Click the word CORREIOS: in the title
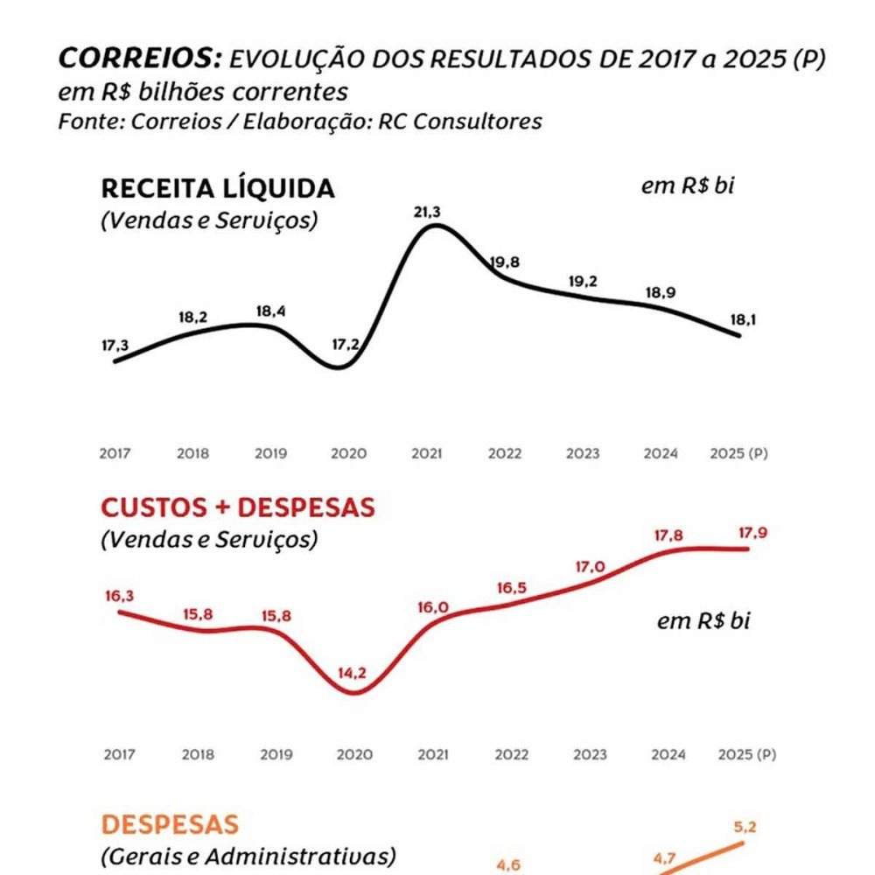[x=140, y=58]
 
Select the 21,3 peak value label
[x=427, y=212]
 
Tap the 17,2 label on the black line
[x=346, y=345]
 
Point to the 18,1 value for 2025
[x=743, y=319]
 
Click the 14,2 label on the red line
[x=352, y=673]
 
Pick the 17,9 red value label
[x=752, y=533]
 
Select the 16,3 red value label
[x=119, y=596]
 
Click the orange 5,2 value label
[x=745, y=827]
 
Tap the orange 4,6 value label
[x=508, y=865]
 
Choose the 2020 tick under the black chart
[x=349, y=453]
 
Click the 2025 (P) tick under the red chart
[x=747, y=754]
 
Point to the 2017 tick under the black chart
[x=115, y=453]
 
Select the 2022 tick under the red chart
[x=512, y=754]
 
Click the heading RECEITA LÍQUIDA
[x=218, y=189]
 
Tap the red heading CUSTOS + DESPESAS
[x=238, y=507]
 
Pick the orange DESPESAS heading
[x=170, y=825]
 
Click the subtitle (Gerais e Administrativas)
[x=248, y=856]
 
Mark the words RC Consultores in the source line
[x=460, y=121]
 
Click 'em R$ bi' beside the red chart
[x=703, y=620]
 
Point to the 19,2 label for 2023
[x=583, y=281]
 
